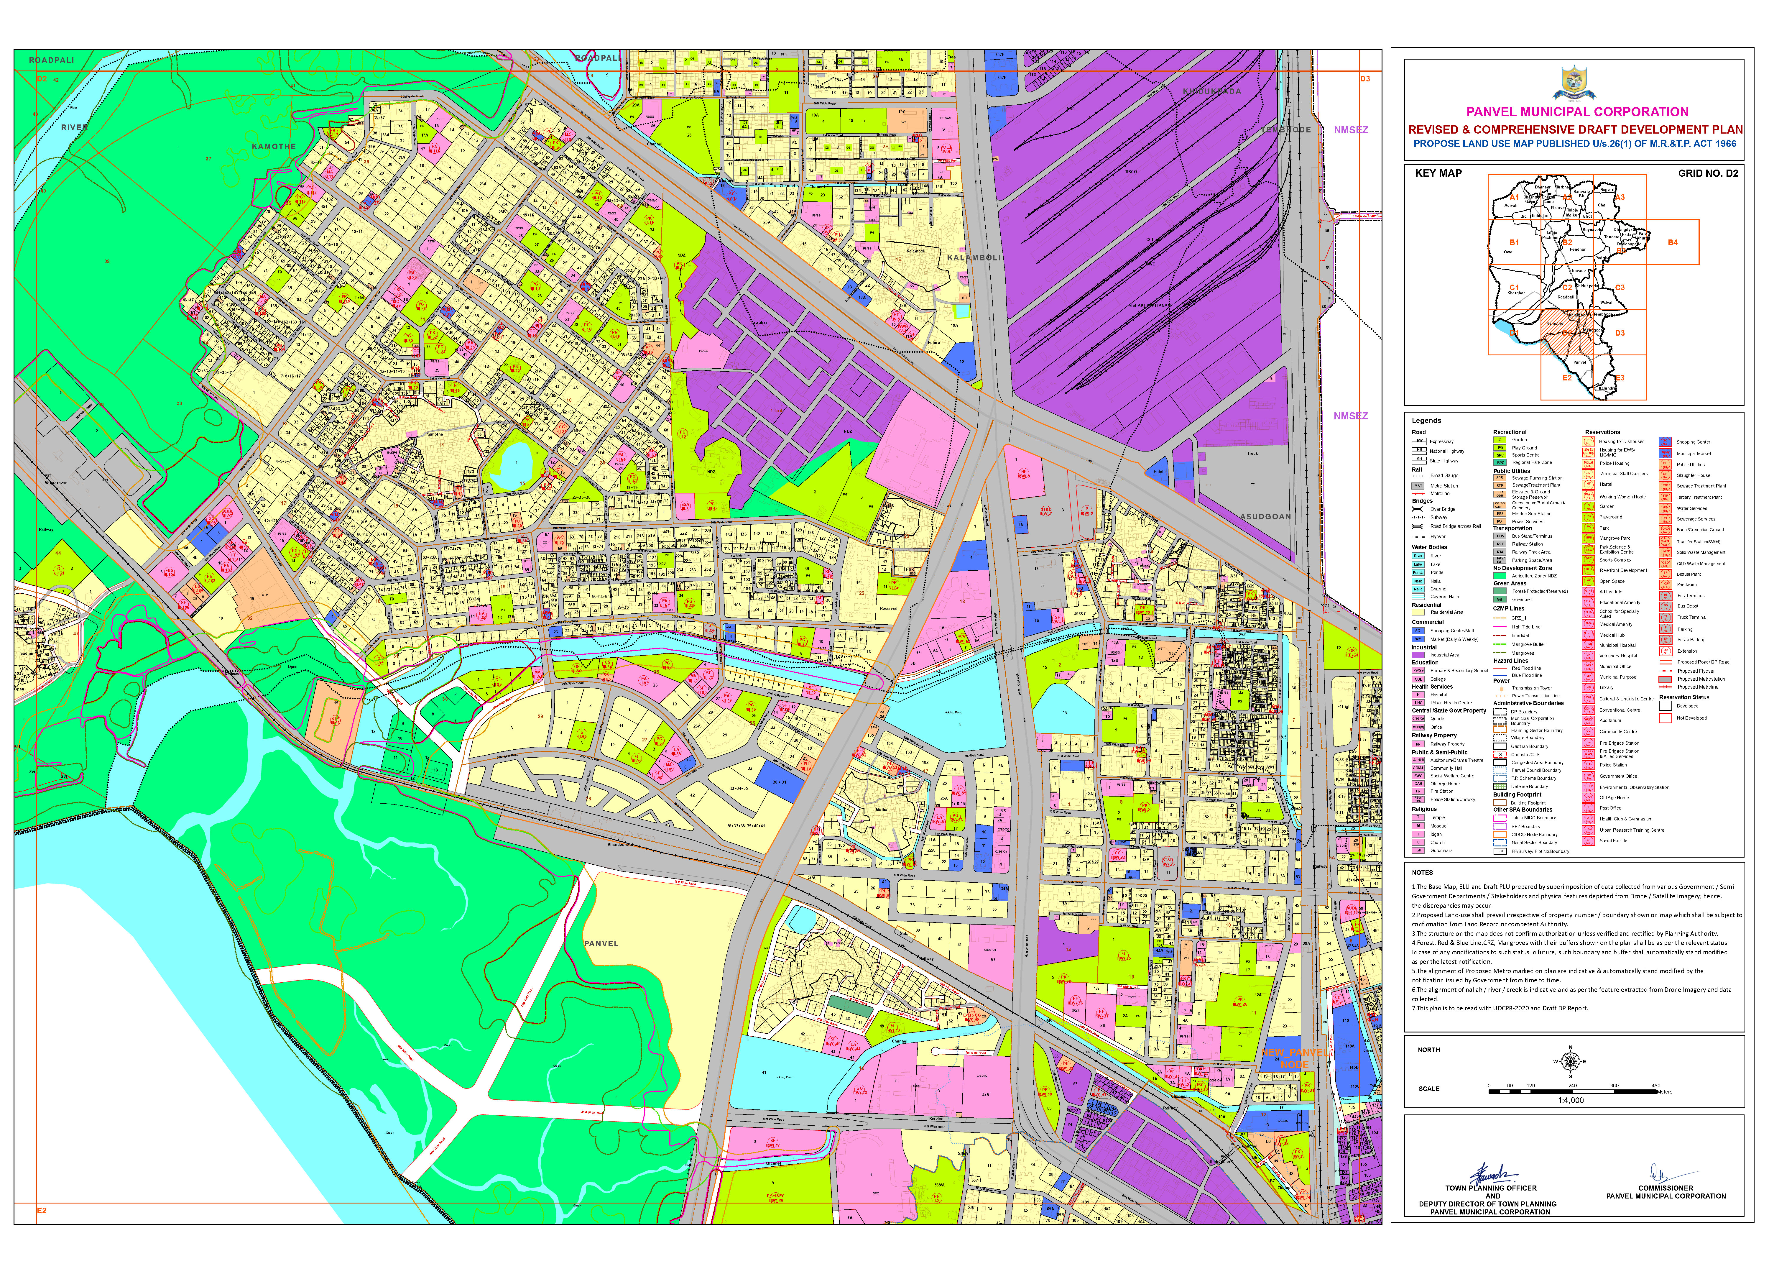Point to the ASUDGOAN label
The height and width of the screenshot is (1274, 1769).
click(x=1265, y=516)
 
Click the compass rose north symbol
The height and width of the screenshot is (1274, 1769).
click(x=1570, y=1061)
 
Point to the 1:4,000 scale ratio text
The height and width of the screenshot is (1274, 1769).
click(x=1571, y=1100)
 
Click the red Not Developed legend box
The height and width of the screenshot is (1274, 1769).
click(x=1665, y=718)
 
